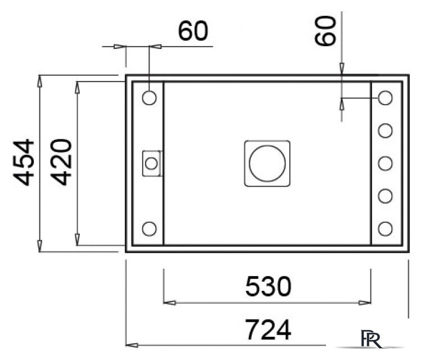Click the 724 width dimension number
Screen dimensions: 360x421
(268, 330)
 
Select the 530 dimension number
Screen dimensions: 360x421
(268, 287)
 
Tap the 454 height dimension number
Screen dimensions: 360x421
(24, 163)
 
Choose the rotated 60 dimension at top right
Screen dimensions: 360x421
(326, 31)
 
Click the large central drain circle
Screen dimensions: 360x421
(268, 163)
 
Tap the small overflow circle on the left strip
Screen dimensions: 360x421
(151, 163)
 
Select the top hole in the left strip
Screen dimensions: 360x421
(150, 97)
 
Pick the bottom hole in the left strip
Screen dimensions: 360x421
(150, 229)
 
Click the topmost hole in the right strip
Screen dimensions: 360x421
(385, 97)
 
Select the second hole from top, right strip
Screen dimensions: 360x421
(385, 130)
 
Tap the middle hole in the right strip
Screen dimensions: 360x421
(385, 163)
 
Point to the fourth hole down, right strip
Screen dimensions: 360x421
(385, 196)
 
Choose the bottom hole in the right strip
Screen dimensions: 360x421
(385, 228)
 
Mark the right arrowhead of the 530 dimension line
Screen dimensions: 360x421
(366, 303)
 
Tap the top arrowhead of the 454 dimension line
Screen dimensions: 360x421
(39, 80)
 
